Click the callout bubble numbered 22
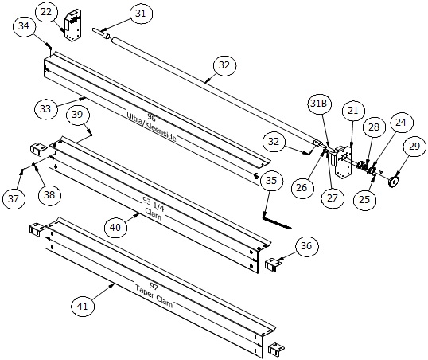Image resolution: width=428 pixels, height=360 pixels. coord(47,12)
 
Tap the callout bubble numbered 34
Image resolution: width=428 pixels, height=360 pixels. coord(25,28)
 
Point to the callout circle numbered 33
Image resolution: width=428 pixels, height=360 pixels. coord(45,107)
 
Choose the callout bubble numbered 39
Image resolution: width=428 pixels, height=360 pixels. coord(77,115)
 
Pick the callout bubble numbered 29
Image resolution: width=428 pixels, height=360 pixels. coord(413,146)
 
